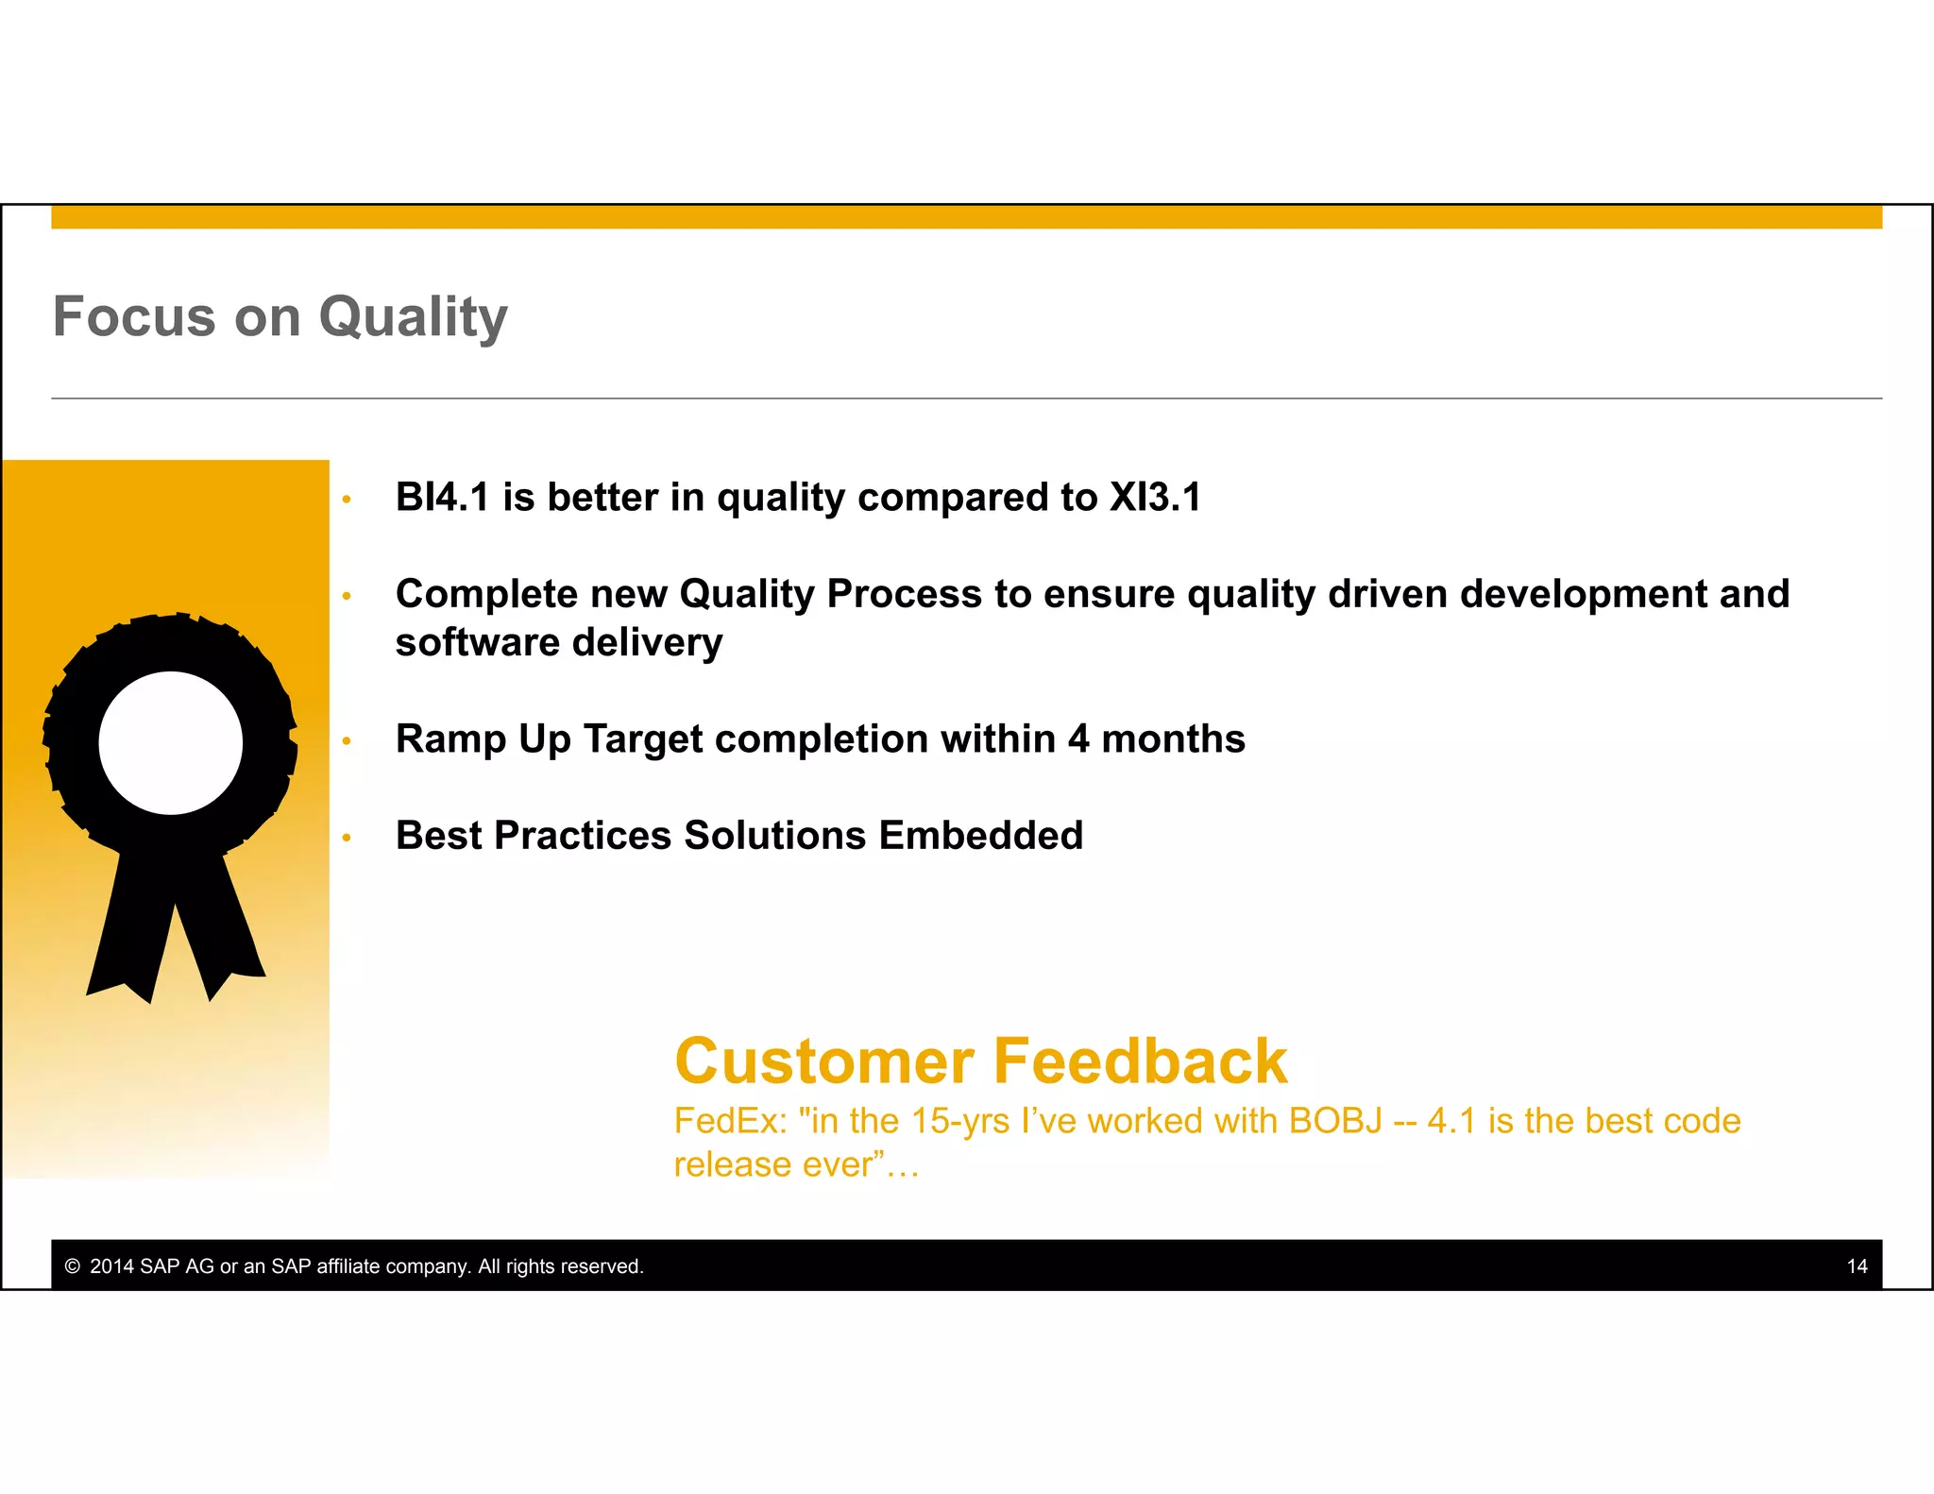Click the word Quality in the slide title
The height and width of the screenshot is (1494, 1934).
[413, 317]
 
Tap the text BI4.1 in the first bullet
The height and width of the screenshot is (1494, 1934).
[442, 498]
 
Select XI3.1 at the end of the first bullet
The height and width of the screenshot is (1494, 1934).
[1154, 498]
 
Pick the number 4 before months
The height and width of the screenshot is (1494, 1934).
[1078, 739]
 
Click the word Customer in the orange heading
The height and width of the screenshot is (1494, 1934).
[823, 1061]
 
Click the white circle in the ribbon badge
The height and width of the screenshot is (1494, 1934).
[171, 743]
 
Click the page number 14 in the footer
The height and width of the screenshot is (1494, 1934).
[1857, 1266]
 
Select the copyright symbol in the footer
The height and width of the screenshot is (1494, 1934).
[73, 1266]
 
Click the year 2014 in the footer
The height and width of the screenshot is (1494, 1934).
[111, 1266]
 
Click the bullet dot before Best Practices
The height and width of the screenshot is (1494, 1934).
[347, 838]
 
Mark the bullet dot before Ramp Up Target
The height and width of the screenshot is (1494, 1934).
[347, 741]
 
